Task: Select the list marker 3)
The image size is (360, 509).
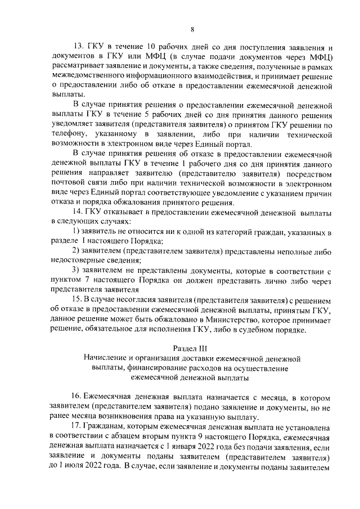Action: pos(79,271)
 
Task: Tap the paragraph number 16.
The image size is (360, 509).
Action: pos(80,398)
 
